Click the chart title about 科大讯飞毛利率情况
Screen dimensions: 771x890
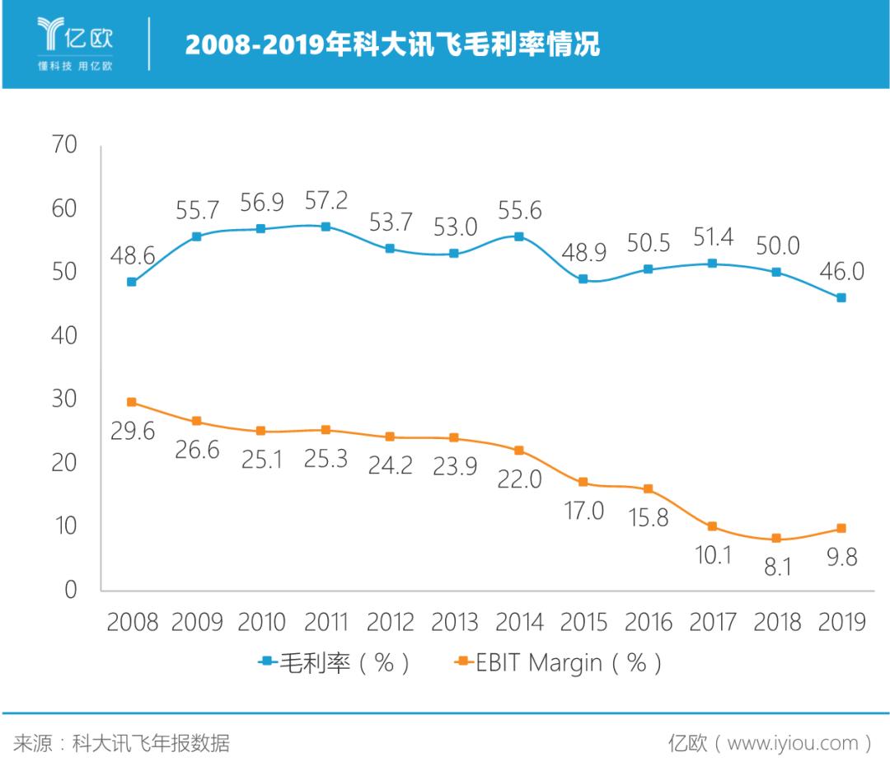pyautogui.click(x=392, y=45)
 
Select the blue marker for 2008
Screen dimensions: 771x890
pyautogui.click(x=132, y=282)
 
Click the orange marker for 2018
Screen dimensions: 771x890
pyautogui.click(x=776, y=539)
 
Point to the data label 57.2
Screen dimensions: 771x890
pyautogui.click(x=326, y=200)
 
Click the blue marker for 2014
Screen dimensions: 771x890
pyautogui.click(x=519, y=236)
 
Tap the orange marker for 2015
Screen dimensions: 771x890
pyautogui.click(x=583, y=482)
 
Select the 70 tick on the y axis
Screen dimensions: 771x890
pyautogui.click(x=63, y=146)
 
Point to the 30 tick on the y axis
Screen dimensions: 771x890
pyautogui.click(x=63, y=400)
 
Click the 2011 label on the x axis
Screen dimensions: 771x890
pyautogui.click(x=326, y=622)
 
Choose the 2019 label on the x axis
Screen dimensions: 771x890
pyautogui.click(x=841, y=622)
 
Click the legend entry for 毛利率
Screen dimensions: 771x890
pyautogui.click(x=334, y=662)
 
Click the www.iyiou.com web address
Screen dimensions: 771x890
pyautogui.click(x=793, y=743)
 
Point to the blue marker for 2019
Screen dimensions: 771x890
pyautogui.click(x=841, y=297)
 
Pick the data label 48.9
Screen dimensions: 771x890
pyautogui.click(x=583, y=252)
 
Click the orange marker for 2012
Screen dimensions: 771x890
pyautogui.click(x=390, y=437)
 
